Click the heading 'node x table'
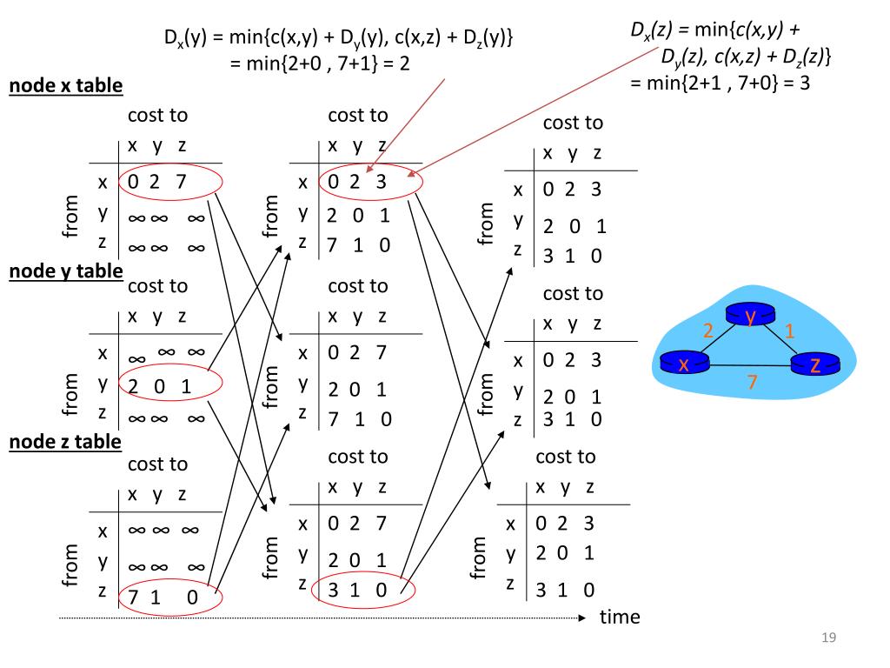click(65, 87)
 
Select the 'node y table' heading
click(65, 271)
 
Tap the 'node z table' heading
click(65, 442)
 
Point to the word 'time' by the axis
click(620, 618)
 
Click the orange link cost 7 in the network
click(752, 382)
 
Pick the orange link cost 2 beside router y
click(708, 329)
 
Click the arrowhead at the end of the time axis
click(583, 618)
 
